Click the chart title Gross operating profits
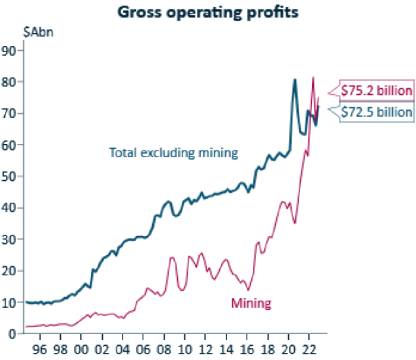coord(208,12)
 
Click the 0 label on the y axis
coord(13,334)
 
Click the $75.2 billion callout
coord(376,91)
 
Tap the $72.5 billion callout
coord(376,112)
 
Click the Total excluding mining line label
coord(173,152)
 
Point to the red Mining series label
coord(251,304)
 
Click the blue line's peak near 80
coord(295,79)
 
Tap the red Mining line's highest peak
coord(313,77)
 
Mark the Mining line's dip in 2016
coord(249,290)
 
